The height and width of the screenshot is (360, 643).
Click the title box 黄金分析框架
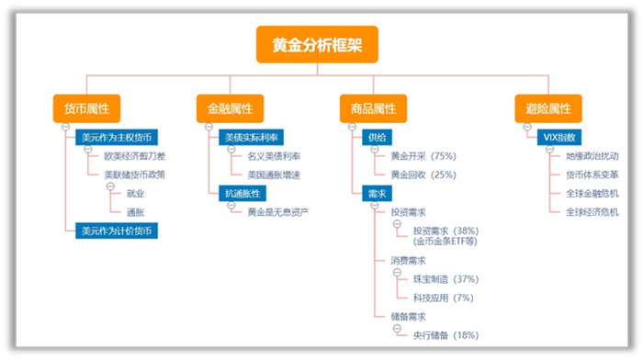coord(317,44)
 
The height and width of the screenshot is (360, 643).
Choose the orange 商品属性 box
coord(373,108)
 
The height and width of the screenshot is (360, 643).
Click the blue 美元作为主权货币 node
coord(115,138)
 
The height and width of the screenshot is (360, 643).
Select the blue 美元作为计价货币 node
coord(115,231)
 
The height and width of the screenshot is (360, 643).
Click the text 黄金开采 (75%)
coord(423,156)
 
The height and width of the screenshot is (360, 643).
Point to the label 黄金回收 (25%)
coord(423,174)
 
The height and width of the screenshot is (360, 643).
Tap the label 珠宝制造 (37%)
coord(446,279)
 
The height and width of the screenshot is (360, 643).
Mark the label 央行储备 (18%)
coord(446,335)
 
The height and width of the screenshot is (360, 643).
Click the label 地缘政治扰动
coord(592,156)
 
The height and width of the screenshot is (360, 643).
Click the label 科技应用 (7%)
coord(443,298)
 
